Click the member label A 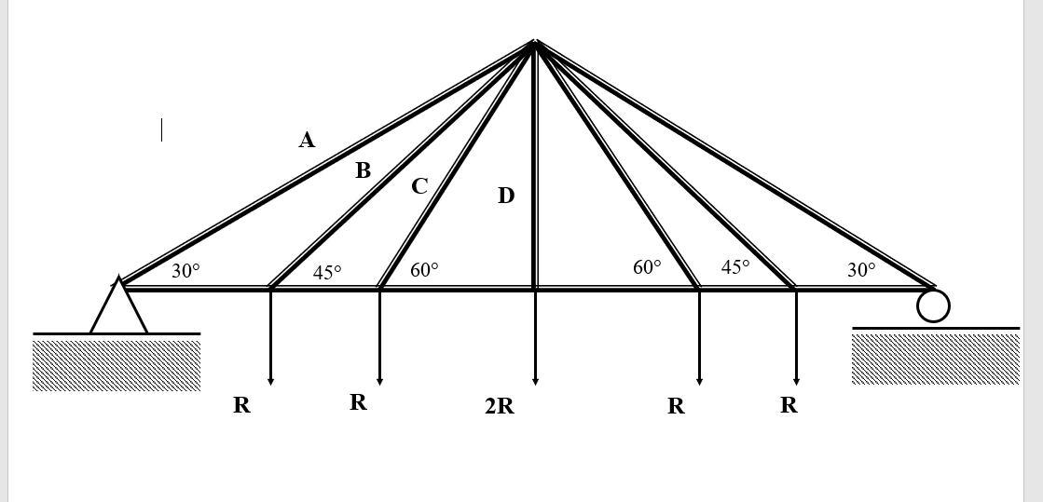pyautogui.click(x=307, y=141)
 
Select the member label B pyautogui.click(x=363, y=171)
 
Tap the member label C pyautogui.click(x=419, y=186)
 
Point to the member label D pyautogui.click(x=505, y=196)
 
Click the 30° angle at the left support pyautogui.click(x=185, y=271)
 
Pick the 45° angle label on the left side pyautogui.click(x=327, y=272)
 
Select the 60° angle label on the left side pyautogui.click(x=424, y=270)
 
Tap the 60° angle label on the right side pyautogui.click(x=647, y=267)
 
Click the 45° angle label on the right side pyautogui.click(x=735, y=267)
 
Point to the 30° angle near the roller pyautogui.click(x=861, y=270)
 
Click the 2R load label pyautogui.click(x=499, y=406)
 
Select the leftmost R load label pyautogui.click(x=241, y=405)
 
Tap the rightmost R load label pyautogui.click(x=789, y=405)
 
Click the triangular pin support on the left pyautogui.click(x=118, y=307)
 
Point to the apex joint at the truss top pyautogui.click(x=534, y=43)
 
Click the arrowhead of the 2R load pyautogui.click(x=535, y=379)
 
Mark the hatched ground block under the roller pyautogui.click(x=935, y=359)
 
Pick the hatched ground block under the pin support pyautogui.click(x=117, y=365)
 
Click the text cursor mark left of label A pyautogui.click(x=161, y=129)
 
